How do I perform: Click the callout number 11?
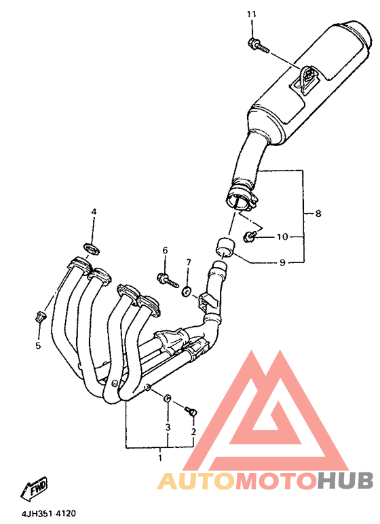pos(251,14)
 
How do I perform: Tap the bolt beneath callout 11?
pos(259,46)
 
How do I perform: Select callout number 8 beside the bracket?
pos(318,213)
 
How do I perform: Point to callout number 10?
pos(282,237)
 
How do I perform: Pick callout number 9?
pos(282,262)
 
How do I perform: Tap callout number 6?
pos(165,250)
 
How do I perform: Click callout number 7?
pos(189,262)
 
